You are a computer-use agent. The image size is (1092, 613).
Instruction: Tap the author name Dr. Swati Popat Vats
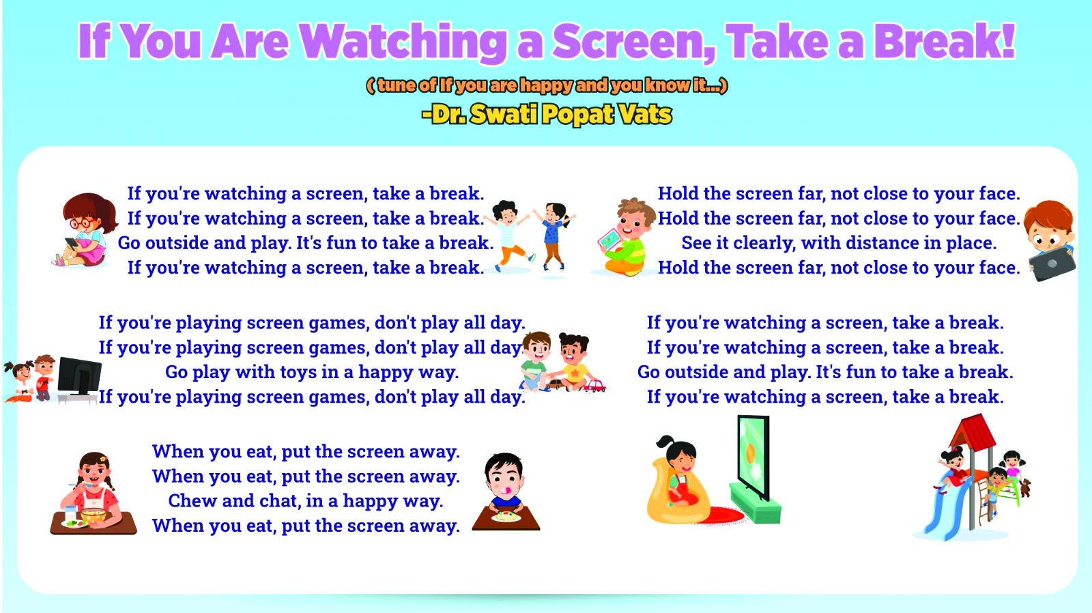click(547, 114)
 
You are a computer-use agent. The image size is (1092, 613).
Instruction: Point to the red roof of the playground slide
click(973, 431)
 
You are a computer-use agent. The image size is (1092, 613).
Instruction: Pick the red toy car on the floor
click(594, 386)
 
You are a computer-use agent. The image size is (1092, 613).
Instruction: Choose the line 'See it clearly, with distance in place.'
click(839, 243)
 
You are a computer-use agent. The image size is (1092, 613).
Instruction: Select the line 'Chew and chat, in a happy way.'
click(306, 501)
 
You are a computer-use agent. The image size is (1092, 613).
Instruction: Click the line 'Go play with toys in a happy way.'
click(312, 372)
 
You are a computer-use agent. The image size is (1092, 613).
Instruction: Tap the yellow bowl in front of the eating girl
click(93, 515)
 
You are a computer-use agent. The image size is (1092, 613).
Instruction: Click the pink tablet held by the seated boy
click(609, 240)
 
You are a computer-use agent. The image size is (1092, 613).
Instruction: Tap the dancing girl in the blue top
click(554, 236)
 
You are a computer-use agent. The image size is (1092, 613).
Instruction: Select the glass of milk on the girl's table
click(71, 513)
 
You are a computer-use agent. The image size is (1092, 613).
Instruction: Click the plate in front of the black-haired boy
click(506, 516)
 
